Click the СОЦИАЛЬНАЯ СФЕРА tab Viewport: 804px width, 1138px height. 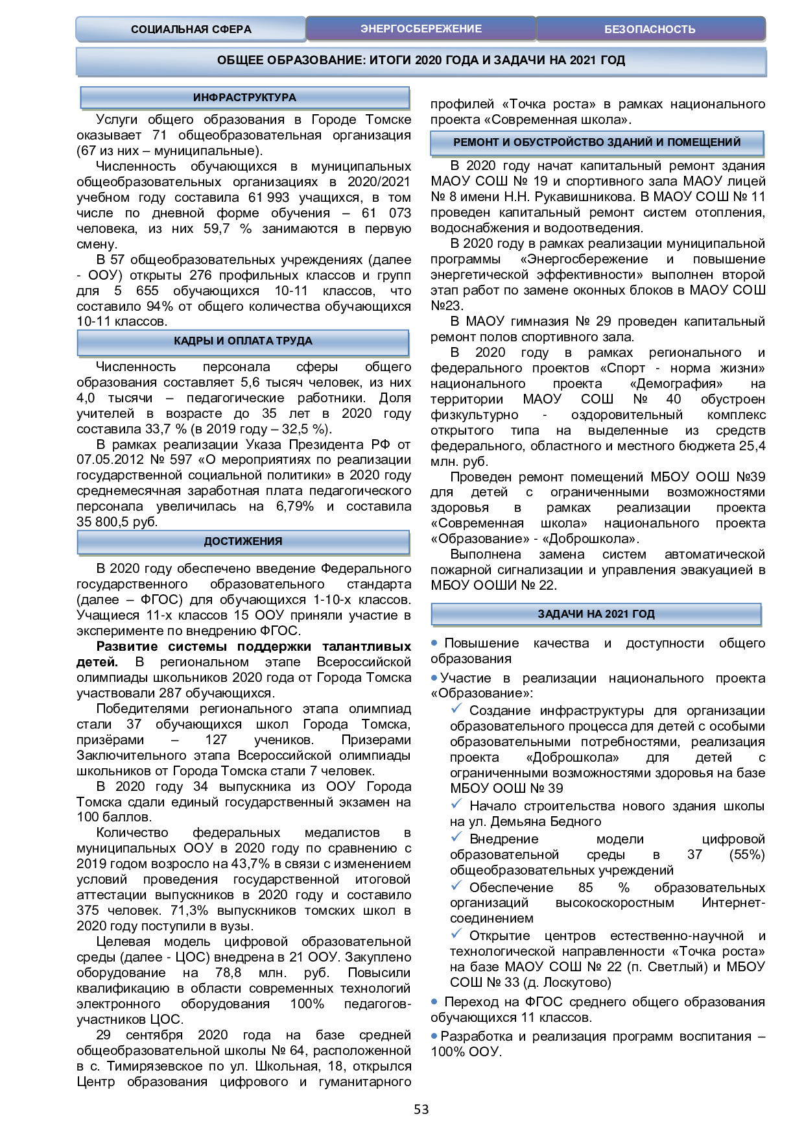pos(191,29)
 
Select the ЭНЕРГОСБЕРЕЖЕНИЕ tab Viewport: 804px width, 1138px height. pos(421,29)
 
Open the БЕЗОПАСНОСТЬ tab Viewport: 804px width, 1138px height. pos(650,29)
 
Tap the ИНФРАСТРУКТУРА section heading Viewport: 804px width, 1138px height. pos(244,97)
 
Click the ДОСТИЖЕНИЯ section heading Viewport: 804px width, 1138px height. pos(243,541)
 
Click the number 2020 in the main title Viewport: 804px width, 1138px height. pos(428,60)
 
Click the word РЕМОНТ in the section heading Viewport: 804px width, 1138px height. pos(476,142)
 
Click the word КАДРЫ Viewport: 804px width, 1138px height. pos(193,341)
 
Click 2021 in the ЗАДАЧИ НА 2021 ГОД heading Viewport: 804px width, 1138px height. pos(616,614)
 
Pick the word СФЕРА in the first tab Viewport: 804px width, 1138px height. pos(231,29)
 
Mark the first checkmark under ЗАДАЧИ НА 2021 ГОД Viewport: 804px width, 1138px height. pos(456,708)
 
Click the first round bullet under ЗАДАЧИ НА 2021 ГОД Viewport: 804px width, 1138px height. pos(434,643)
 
